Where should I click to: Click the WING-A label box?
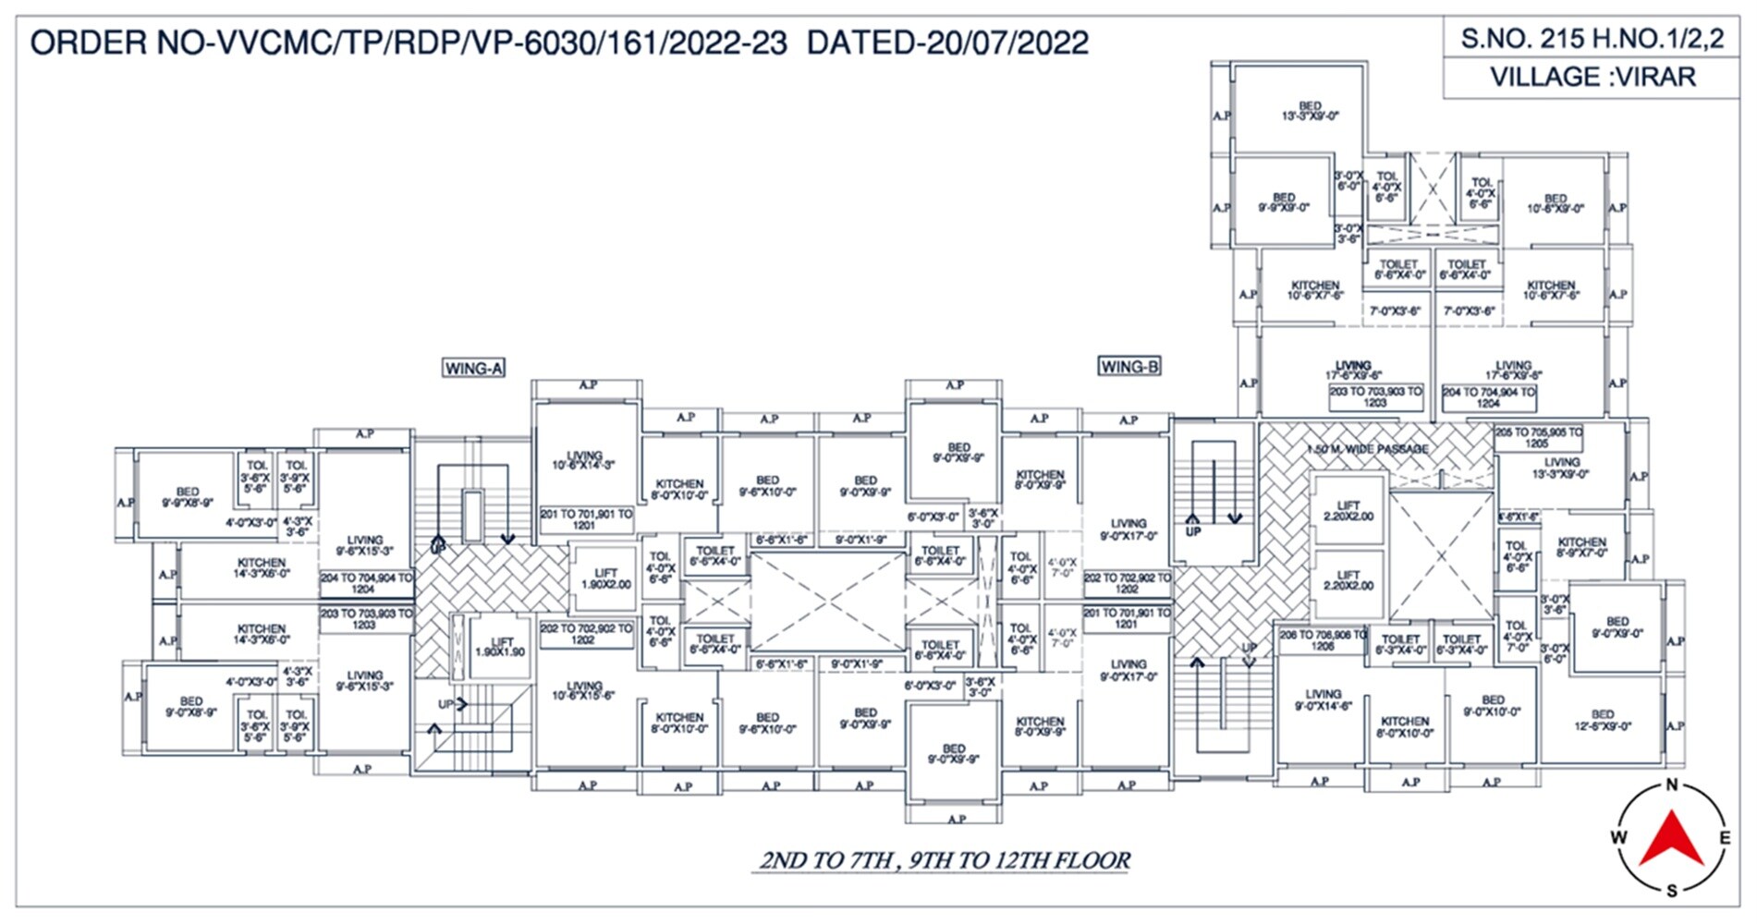[473, 368]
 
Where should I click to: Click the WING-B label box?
[1129, 366]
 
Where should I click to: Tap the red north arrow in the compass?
[1671, 838]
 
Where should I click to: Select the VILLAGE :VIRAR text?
[1592, 77]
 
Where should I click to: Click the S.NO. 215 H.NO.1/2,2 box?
[1592, 39]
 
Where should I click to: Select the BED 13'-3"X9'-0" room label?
[1310, 111]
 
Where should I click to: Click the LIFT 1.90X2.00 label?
[605, 579]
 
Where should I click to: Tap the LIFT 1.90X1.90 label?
[501, 646]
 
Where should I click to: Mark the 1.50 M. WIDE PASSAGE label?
[1368, 449]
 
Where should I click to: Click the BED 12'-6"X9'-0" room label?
[1603, 720]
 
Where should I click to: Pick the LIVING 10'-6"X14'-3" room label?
[583, 460]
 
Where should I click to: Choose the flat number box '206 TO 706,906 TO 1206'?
[1322, 640]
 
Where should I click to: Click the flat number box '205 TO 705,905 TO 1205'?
[1537, 437]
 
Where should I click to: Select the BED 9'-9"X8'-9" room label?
[188, 497]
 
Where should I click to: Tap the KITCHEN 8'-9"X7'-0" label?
[1582, 547]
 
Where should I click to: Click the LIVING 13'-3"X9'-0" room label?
[1561, 468]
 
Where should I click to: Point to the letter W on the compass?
[1618, 837]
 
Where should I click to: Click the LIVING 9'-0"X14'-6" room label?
[1323, 699]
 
